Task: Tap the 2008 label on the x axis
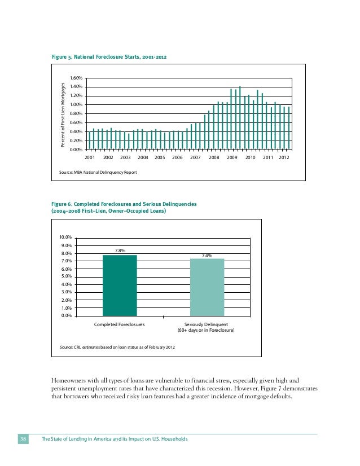click(214, 159)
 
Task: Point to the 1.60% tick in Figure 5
click(76, 78)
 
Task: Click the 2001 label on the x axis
click(90, 159)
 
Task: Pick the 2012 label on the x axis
click(284, 159)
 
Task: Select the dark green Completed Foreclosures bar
click(120, 285)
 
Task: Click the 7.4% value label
click(207, 255)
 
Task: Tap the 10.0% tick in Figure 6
click(65, 238)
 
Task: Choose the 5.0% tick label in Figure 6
click(65, 276)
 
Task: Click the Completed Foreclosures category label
click(120, 324)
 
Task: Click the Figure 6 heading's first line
click(124, 204)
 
